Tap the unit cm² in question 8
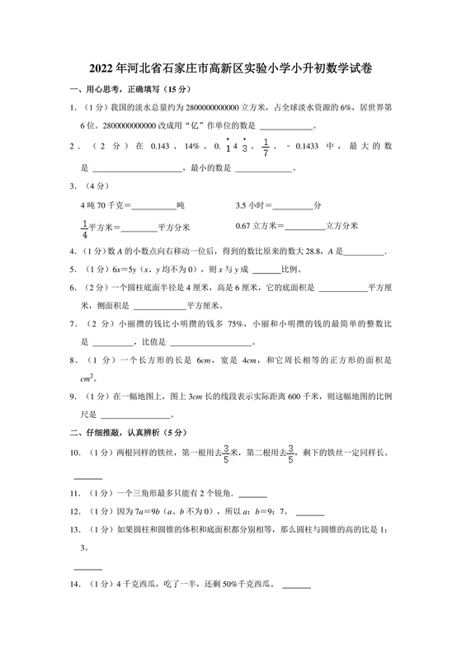(x=86, y=378)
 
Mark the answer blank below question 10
(x=88, y=477)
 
